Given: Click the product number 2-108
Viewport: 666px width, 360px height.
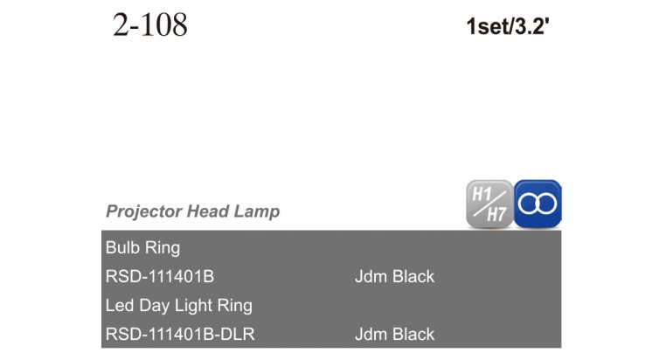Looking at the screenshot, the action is (150, 24).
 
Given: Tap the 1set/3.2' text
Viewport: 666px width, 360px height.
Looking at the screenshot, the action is (508, 26).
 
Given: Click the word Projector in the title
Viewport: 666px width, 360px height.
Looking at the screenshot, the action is (144, 211).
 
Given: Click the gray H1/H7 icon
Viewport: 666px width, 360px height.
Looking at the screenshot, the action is (489, 204).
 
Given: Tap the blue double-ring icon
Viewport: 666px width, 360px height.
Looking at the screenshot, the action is (538, 204).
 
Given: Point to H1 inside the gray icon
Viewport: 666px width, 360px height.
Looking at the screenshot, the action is (482, 195).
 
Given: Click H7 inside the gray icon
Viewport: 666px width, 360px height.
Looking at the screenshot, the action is (496, 214).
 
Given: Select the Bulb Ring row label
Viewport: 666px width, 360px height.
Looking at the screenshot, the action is (142, 248).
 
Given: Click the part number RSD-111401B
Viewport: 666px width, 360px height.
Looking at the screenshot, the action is (160, 277).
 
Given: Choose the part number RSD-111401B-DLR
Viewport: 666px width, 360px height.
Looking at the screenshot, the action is (180, 334).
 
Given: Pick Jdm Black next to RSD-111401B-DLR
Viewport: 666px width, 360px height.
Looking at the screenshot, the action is (394, 334).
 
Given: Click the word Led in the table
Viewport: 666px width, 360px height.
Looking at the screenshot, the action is (120, 305).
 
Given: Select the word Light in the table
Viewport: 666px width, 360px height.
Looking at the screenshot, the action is (194, 306).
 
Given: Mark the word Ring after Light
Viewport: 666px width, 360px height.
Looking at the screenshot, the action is (235, 306).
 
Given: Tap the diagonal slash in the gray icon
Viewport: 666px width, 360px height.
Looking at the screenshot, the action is (489, 204).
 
